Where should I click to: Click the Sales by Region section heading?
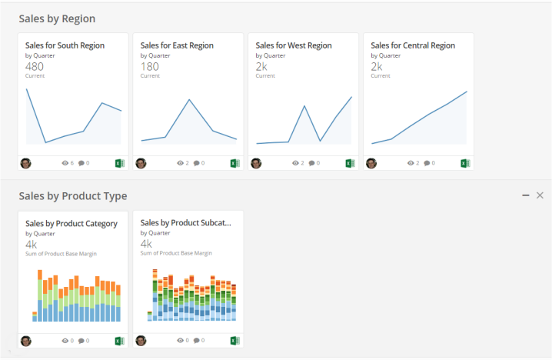57,18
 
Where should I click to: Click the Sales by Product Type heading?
73,196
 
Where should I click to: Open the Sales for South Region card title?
65,45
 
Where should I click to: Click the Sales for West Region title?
294,45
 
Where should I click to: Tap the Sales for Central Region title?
413,45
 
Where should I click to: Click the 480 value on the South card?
35,66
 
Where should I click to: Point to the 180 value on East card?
149,66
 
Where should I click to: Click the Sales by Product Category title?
71,224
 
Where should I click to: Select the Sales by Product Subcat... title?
186,222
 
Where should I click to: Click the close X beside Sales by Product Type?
540,195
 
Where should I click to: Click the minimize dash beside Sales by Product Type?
526,195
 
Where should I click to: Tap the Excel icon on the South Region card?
119,163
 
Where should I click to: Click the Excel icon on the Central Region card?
465,163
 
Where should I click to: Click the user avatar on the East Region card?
141,163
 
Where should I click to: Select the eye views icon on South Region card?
65,163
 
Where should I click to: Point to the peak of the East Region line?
189,99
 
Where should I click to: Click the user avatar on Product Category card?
26,341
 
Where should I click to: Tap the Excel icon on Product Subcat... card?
234,340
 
